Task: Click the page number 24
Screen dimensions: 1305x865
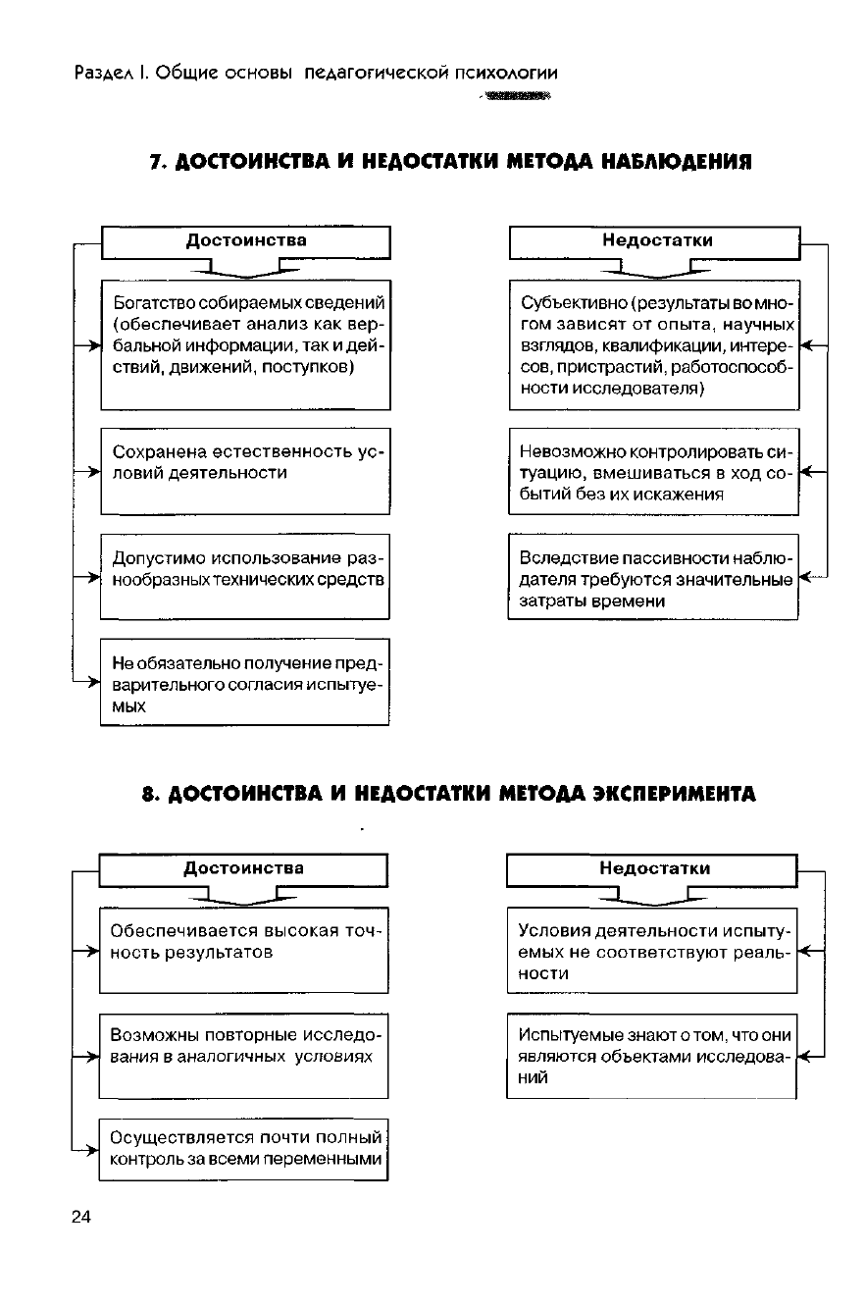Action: (80, 1218)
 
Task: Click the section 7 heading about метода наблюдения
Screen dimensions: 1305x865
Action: (450, 161)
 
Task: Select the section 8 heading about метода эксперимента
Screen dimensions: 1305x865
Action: (447, 793)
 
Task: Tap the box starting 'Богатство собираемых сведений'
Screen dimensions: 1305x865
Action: (245, 344)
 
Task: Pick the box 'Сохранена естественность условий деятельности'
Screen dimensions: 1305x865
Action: (245, 471)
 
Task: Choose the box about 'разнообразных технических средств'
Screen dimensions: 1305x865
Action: (245, 576)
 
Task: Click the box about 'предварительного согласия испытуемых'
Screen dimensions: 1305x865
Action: (245, 682)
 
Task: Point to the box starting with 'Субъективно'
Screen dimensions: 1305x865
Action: (654, 344)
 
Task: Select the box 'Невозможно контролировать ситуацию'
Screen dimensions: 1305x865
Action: (654, 472)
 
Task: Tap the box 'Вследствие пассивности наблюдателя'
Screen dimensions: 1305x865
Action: (654, 577)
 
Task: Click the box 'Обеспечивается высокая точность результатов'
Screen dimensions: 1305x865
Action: (244, 950)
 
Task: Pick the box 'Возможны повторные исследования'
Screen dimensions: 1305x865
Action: (244, 1055)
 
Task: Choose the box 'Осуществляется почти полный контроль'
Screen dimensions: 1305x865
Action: (244, 1149)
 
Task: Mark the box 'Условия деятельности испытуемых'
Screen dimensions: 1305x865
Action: (651, 950)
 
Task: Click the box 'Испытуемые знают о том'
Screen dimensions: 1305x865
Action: (651, 1055)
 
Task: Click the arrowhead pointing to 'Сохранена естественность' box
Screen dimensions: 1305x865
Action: (95, 472)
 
